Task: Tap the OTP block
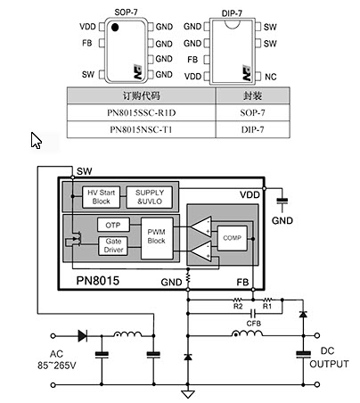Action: click(111, 225)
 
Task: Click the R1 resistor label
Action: click(265, 306)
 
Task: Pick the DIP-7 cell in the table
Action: click(253, 130)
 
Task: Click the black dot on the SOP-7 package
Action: click(115, 29)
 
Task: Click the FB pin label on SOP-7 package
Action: click(87, 42)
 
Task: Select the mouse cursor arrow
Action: click(37, 141)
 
